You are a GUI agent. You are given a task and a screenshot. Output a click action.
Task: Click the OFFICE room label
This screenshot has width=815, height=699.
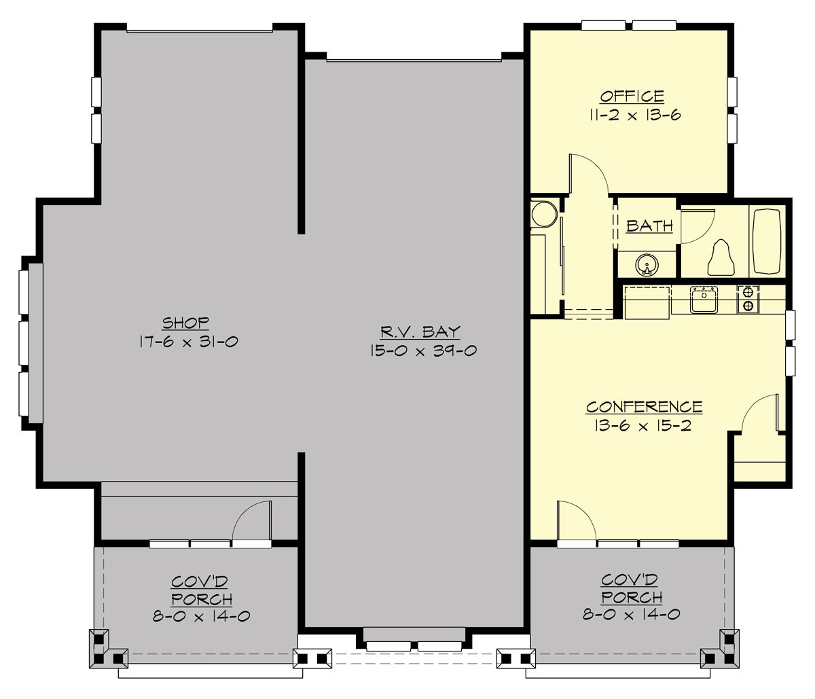(x=632, y=96)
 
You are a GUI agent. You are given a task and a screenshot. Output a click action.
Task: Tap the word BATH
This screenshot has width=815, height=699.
(x=649, y=226)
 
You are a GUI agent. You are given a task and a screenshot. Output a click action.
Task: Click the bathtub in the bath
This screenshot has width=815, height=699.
(x=767, y=241)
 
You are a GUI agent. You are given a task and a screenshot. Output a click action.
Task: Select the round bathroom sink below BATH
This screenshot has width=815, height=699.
(x=647, y=264)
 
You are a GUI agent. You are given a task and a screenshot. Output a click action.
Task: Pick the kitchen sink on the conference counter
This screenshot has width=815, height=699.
(x=704, y=300)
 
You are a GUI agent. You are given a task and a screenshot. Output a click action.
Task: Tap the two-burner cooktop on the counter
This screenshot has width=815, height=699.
(x=748, y=299)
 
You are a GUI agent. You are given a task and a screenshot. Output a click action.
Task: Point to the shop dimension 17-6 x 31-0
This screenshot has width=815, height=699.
(x=187, y=342)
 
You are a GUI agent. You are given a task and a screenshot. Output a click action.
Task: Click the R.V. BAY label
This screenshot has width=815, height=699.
(x=420, y=332)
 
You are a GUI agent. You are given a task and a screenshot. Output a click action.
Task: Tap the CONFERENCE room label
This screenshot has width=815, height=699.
(x=644, y=407)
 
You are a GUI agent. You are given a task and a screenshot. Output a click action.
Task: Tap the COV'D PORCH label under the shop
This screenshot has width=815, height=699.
(x=202, y=590)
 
